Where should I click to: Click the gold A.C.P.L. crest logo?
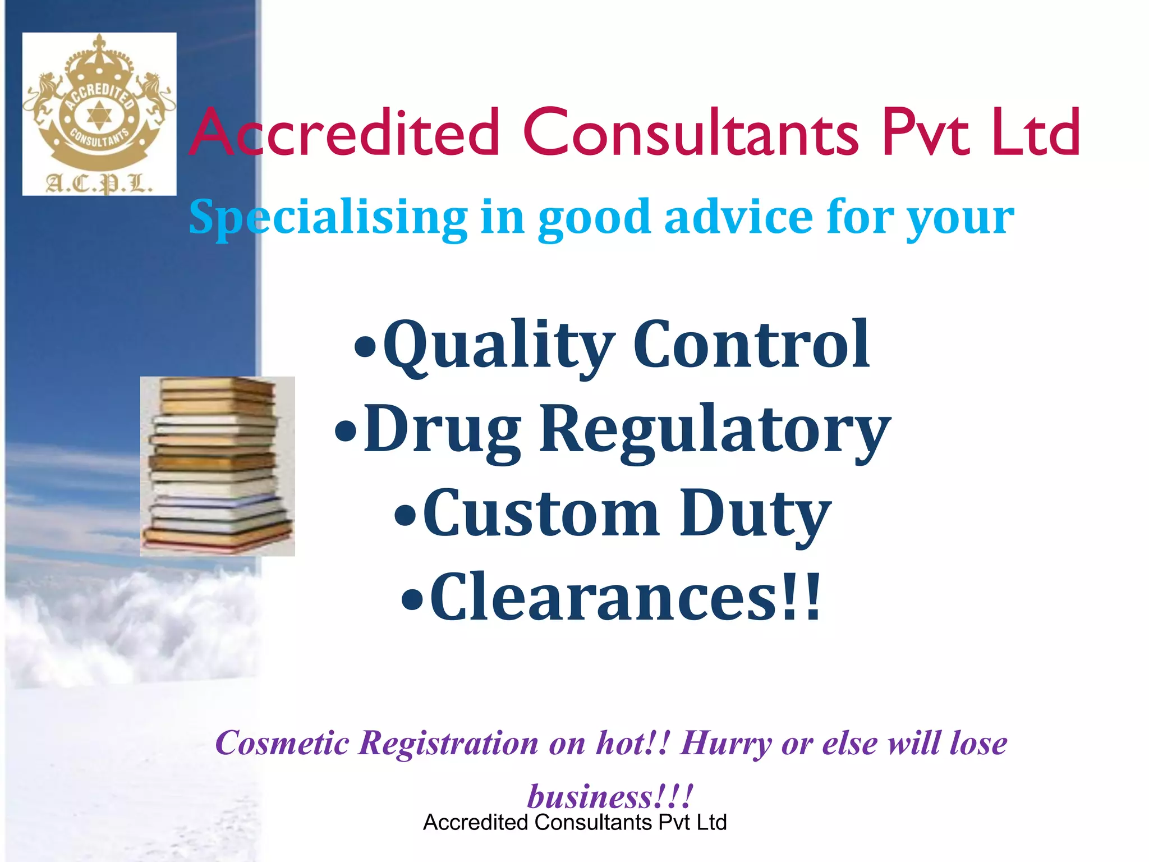99,114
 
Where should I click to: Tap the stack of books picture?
218,466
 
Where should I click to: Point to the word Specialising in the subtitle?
328,218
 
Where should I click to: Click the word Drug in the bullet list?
443,430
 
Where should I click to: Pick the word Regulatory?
715,430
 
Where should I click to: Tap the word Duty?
755,513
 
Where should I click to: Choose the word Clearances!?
625,597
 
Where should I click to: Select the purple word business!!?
610,796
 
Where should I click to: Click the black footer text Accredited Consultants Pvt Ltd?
574,823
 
